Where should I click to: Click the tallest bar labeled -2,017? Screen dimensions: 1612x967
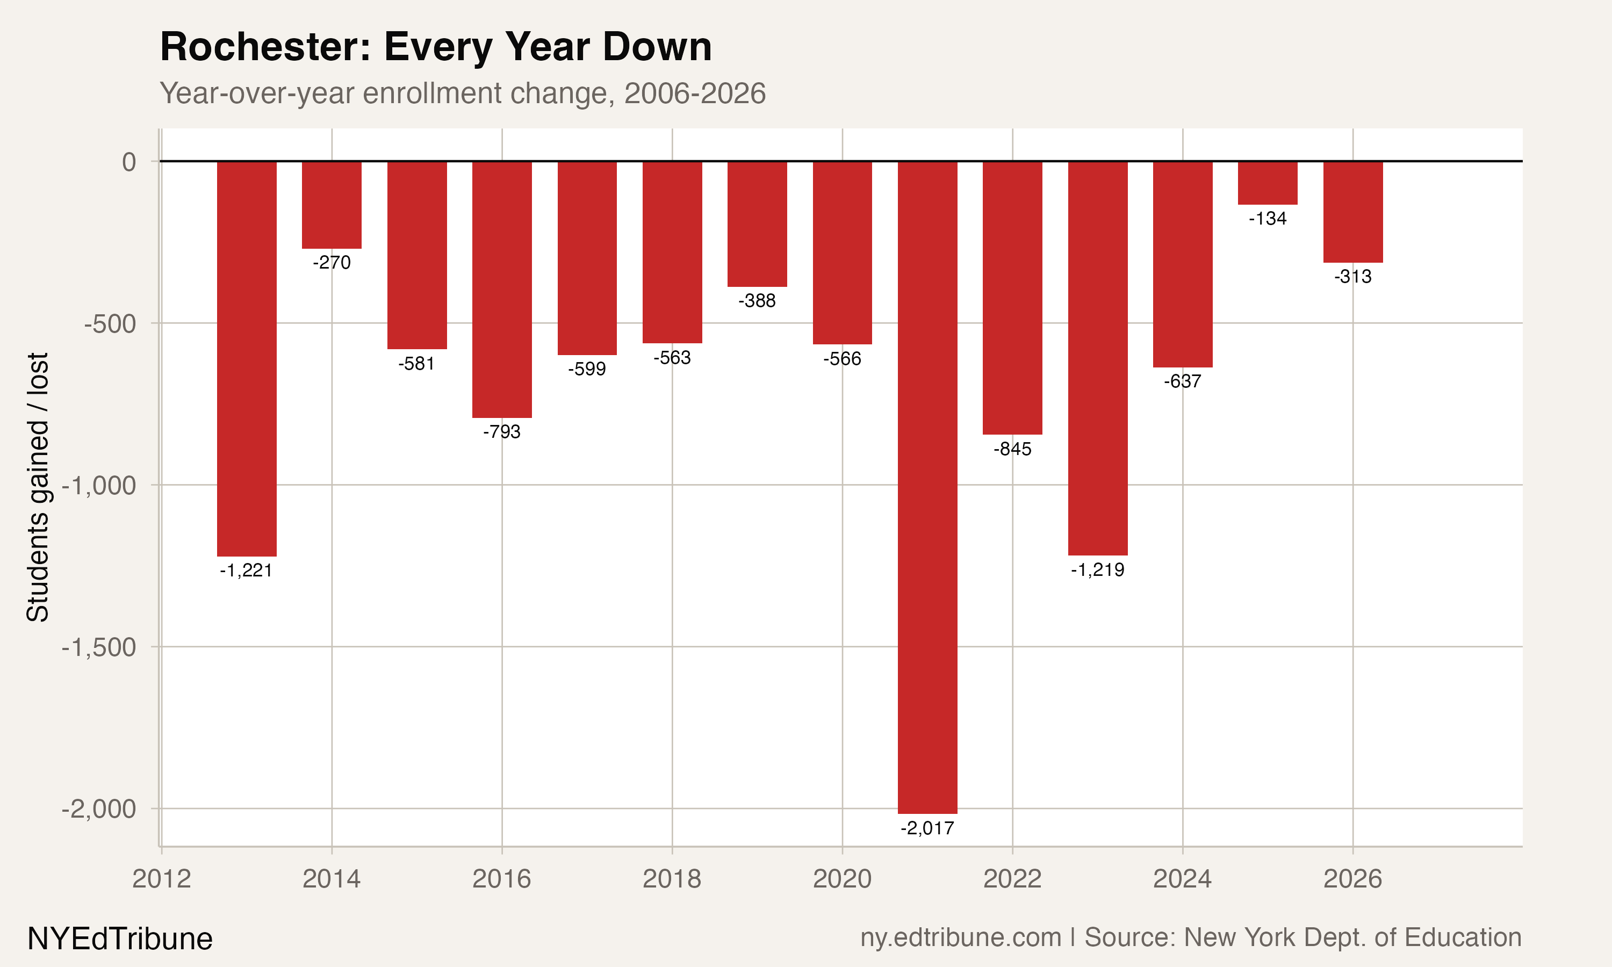point(927,487)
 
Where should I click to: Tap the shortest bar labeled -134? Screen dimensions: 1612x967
point(1268,183)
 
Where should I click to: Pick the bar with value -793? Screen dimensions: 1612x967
point(502,290)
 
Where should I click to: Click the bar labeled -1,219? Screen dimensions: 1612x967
point(1097,358)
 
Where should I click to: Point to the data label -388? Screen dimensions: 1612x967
point(757,300)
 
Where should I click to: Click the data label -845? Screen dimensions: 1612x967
point(1012,449)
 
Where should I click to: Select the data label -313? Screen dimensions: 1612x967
point(1352,276)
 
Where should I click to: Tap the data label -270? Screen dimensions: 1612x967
point(332,263)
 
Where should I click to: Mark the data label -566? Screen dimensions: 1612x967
point(842,358)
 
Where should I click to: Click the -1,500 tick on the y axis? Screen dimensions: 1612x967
point(99,647)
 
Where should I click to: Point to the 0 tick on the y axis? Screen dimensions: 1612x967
point(129,162)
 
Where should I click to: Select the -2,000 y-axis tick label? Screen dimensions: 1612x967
point(99,809)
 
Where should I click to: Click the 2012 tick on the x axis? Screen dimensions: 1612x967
point(161,879)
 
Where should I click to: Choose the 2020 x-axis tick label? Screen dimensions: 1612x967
point(842,879)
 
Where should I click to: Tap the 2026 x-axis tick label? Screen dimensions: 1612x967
point(1352,879)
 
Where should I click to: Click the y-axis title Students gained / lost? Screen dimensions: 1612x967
point(38,487)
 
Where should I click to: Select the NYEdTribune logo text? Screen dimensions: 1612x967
point(120,939)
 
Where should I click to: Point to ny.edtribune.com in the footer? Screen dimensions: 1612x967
point(960,937)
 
